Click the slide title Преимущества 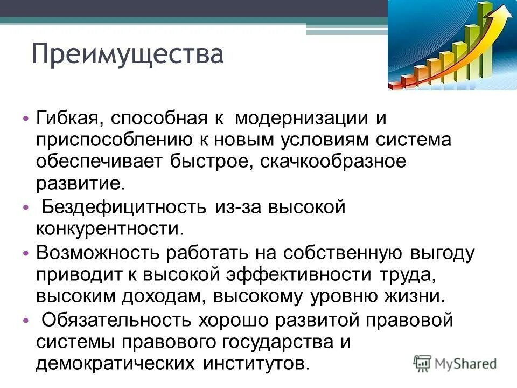(x=127, y=55)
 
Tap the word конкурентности (x=106, y=228)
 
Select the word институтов (x=256, y=364)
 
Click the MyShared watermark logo (x=455, y=363)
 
